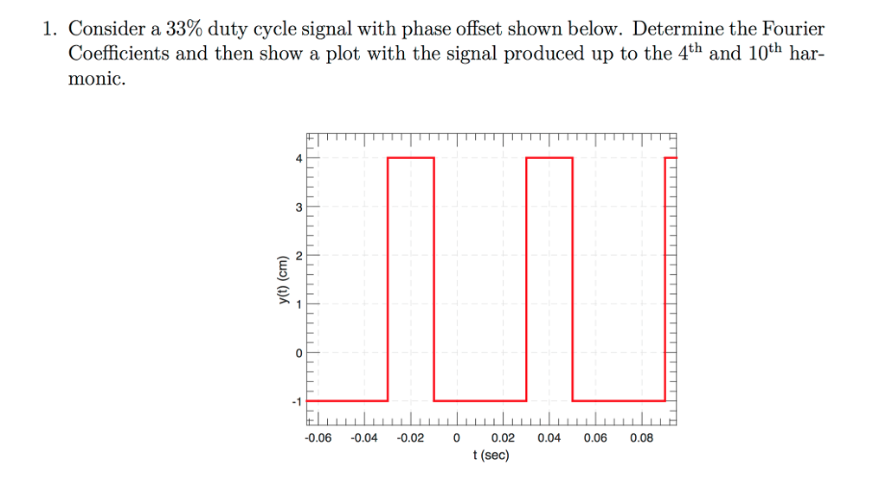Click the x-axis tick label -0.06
(x=318, y=437)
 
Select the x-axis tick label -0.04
(x=364, y=437)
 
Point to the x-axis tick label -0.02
(x=410, y=437)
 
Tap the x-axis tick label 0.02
(x=503, y=437)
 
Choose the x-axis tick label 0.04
(x=549, y=437)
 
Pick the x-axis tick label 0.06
(x=595, y=437)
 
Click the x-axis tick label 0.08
(x=641, y=437)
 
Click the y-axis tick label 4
(x=299, y=159)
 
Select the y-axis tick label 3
(x=299, y=207)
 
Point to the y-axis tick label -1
(x=297, y=401)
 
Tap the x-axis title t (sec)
(x=491, y=456)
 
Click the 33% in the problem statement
(x=183, y=29)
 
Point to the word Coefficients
(x=119, y=54)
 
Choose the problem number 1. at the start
(x=50, y=29)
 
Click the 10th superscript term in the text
(x=765, y=52)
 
